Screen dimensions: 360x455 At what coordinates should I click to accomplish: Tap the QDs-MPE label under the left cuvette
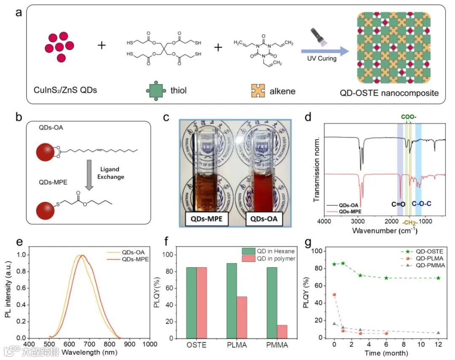point(207,219)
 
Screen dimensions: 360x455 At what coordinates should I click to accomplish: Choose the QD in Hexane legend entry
point(267,250)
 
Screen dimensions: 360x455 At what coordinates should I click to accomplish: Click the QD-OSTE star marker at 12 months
point(438,278)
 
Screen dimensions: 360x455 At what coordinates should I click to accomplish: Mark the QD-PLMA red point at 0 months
point(335,295)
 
